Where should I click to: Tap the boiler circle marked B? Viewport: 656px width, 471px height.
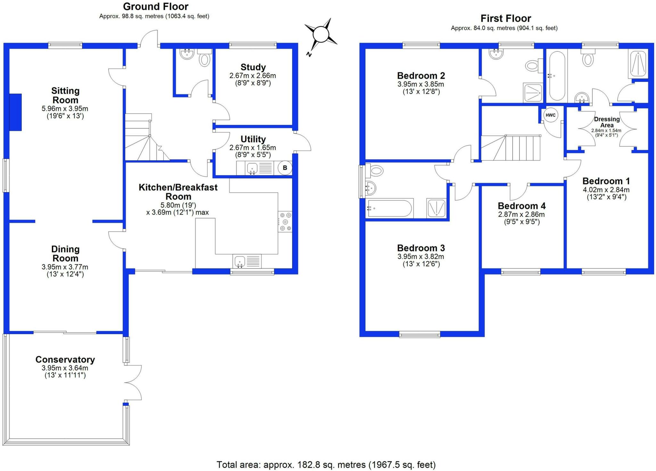coord(285,168)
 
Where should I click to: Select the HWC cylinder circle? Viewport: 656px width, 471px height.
coord(550,115)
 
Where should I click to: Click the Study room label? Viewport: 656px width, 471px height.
coord(253,67)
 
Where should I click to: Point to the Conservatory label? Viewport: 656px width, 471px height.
coord(65,360)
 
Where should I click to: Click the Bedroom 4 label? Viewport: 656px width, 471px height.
coord(521,206)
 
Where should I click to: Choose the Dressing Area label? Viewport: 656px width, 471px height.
coord(607,122)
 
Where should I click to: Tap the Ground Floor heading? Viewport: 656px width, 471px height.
coord(156,6)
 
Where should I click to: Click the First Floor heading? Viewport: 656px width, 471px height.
coord(506,18)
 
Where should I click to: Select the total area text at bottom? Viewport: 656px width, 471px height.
coord(326,465)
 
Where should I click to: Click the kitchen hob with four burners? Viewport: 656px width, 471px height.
coord(285,221)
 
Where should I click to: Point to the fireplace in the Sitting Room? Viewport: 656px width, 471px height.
coord(15,112)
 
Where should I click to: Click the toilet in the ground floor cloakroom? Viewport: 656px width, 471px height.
coord(204,58)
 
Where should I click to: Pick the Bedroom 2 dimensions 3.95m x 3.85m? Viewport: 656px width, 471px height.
coord(421,84)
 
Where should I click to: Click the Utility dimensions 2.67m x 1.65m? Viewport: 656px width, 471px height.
coord(253,148)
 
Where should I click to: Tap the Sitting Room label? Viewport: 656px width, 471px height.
coord(65,96)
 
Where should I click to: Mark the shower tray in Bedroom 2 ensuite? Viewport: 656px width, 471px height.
coord(533,93)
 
